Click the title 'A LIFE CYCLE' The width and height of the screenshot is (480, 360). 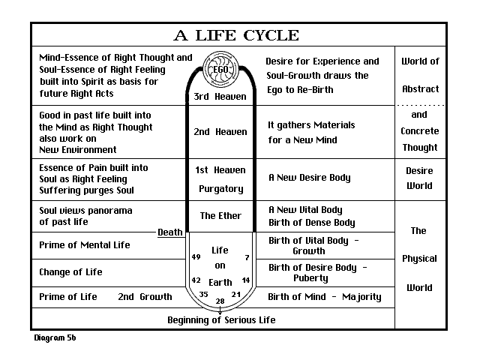tap(236, 35)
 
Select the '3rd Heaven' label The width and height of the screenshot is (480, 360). tap(220, 97)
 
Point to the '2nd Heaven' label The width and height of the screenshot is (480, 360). tap(220, 132)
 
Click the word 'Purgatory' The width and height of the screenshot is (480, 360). tap(220, 189)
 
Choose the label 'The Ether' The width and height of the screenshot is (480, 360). tap(220, 216)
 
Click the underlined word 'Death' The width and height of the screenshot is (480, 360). tap(169, 232)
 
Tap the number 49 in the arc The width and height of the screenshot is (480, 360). tap(196, 257)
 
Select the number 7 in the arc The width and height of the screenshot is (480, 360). tap(247, 257)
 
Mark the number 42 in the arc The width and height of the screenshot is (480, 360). tap(196, 280)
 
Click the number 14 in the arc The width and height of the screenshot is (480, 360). tap(245, 280)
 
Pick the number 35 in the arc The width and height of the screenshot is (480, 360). tap(203, 294)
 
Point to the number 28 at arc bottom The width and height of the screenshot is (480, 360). tap(220, 301)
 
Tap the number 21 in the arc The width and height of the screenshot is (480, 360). tap(236, 294)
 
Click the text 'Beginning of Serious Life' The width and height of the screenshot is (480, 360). tap(221, 320)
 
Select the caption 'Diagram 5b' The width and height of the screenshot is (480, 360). tap(55, 338)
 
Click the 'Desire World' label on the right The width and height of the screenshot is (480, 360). tap(419, 178)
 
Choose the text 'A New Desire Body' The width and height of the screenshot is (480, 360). tap(310, 178)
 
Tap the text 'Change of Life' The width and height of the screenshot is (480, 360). tap(70, 271)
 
